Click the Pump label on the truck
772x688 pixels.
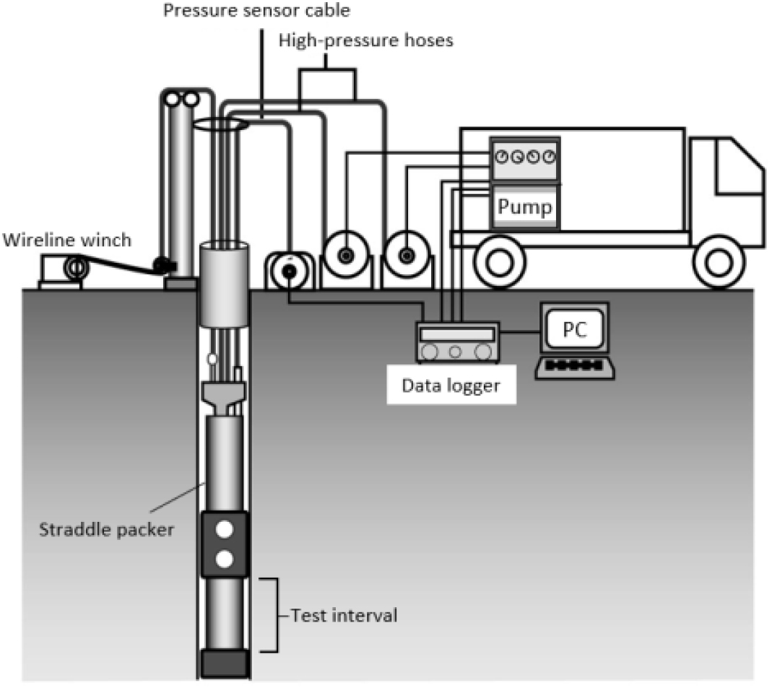click(525, 206)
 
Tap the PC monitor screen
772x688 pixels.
click(575, 328)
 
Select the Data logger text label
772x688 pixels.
click(451, 386)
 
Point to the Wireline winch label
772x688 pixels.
click(67, 240)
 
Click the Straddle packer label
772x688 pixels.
click(106, 529)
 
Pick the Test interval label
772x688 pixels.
click(344, 615)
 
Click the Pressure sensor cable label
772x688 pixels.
click(256, 10)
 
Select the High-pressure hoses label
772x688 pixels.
click(366, 40)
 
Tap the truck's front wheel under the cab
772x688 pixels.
click(719, 262)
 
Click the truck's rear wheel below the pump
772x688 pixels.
click(500, 262)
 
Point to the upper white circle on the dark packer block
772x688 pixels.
click(224, 530)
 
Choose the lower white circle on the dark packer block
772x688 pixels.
click(224, 559)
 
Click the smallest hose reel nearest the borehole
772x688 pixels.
click(289, 271)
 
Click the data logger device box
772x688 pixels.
click(458, 342)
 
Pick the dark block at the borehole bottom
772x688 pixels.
click(224, 663)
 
